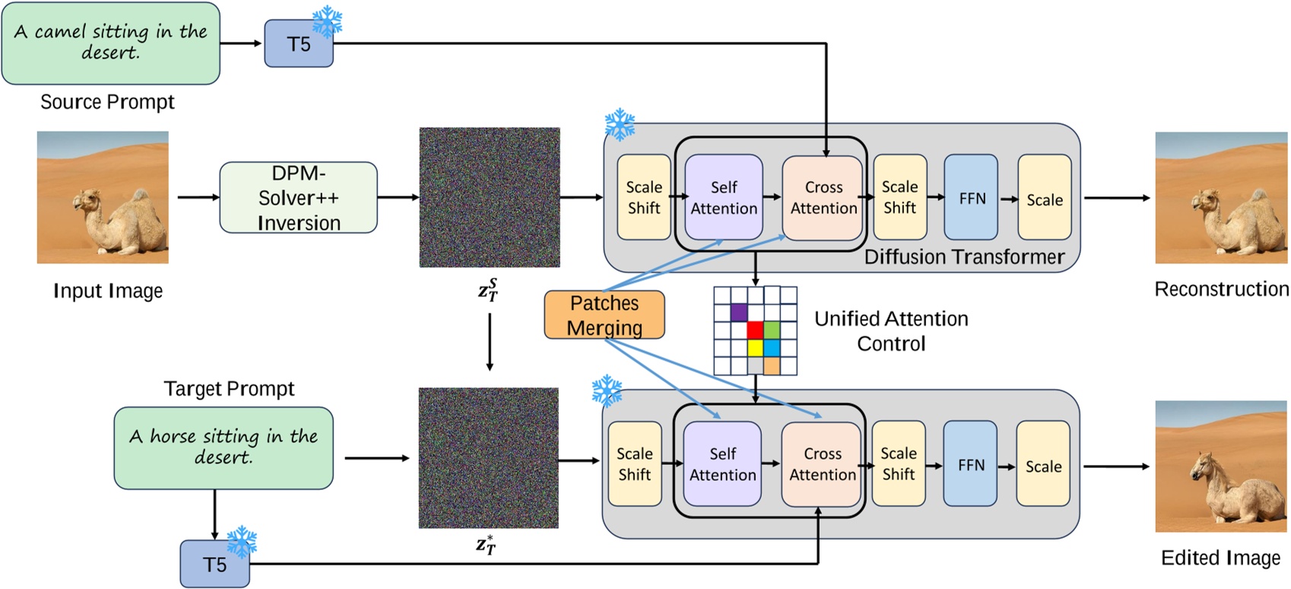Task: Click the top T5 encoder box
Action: point(298,44)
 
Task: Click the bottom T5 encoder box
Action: point(214,564)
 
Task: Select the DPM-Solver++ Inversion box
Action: point(298,198)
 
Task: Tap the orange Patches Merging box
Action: point(604,315)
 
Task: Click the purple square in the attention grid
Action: point(738,312)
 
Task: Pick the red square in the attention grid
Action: point(755,330)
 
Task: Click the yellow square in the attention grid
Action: point(755,348)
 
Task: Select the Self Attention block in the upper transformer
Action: point(723,198)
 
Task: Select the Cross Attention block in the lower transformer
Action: point(822,464)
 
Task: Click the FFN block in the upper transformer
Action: point(971,198)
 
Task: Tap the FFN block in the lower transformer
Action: point(970,464)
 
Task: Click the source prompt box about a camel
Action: point(111,43)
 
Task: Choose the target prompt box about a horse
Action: point(224,447)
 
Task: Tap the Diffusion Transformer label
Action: point(964,257)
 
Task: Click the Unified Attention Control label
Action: point(891,330)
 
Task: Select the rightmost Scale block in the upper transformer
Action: point(1044,199)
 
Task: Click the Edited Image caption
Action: point(1220,558)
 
